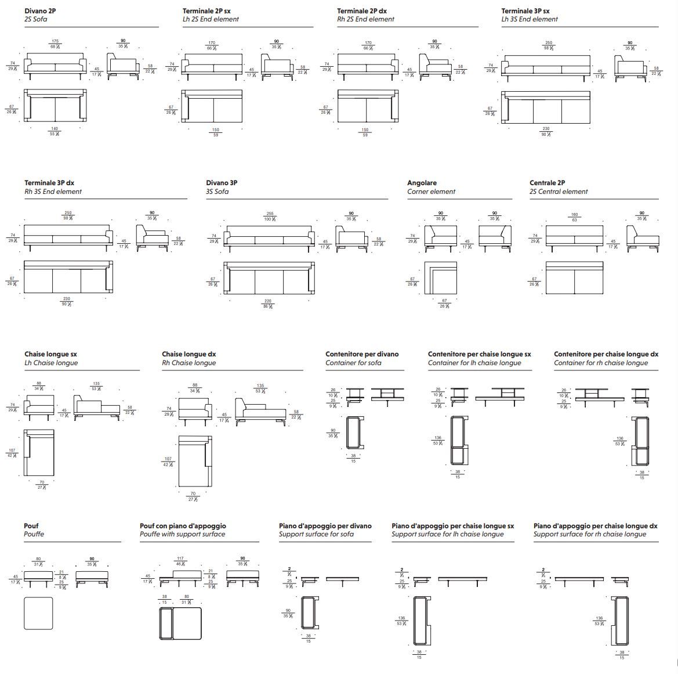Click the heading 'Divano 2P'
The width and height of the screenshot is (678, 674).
[x=40, y=10]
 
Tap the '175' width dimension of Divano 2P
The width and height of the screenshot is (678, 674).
[x=55, y=41]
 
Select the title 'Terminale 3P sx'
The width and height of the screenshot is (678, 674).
[x=525, y=10]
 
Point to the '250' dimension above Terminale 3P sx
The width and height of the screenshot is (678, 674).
[x=548, y=42]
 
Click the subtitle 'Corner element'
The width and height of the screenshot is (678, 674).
[x=431, y=192]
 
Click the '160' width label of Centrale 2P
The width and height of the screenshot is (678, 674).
[x=574, y=215]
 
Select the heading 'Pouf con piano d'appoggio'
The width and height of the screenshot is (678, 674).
[x=183, y=526]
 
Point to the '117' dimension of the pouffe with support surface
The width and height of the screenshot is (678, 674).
[x=180, y=559]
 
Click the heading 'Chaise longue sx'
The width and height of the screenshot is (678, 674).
[x=50, y=354]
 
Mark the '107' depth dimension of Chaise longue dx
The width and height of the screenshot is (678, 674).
[x=168, y=459]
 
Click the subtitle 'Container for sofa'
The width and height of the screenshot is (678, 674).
[x=353, y=363]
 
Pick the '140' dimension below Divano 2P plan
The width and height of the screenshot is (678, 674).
[x=55, y=129]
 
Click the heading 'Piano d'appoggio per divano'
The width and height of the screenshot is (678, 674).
[x=325, y=526]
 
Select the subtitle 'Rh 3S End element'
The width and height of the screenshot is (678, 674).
[x=53, y=192]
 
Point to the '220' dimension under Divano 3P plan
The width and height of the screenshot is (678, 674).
[x=268, y=301]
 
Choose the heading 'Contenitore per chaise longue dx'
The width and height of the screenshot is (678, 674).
[x=606, y=354]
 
